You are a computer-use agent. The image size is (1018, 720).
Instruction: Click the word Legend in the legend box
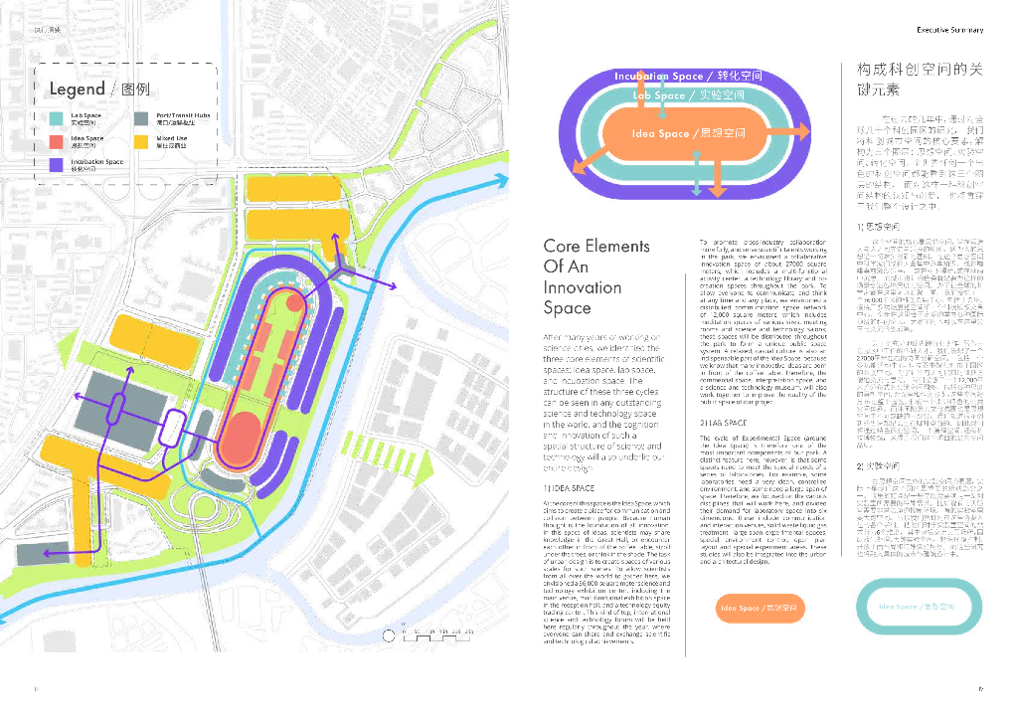pyautogui.click(x=78, y=90)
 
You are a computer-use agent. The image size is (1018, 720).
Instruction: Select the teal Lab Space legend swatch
pyautogui.click(x=59, y=118)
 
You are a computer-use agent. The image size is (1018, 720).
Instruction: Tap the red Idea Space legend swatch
pyautogui.click(x=59, y=141)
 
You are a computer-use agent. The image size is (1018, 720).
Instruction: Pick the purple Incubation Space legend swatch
pyautogui.click(x=59, y=165)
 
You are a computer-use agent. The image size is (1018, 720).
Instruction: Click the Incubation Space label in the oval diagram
pyautogui.click(x=688, y=77)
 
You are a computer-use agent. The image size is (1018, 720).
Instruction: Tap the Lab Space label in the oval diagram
pyautogui.click(x=688, y=95)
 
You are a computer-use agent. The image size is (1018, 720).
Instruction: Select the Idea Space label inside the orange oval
pyautogui.click(x=688, y=133)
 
